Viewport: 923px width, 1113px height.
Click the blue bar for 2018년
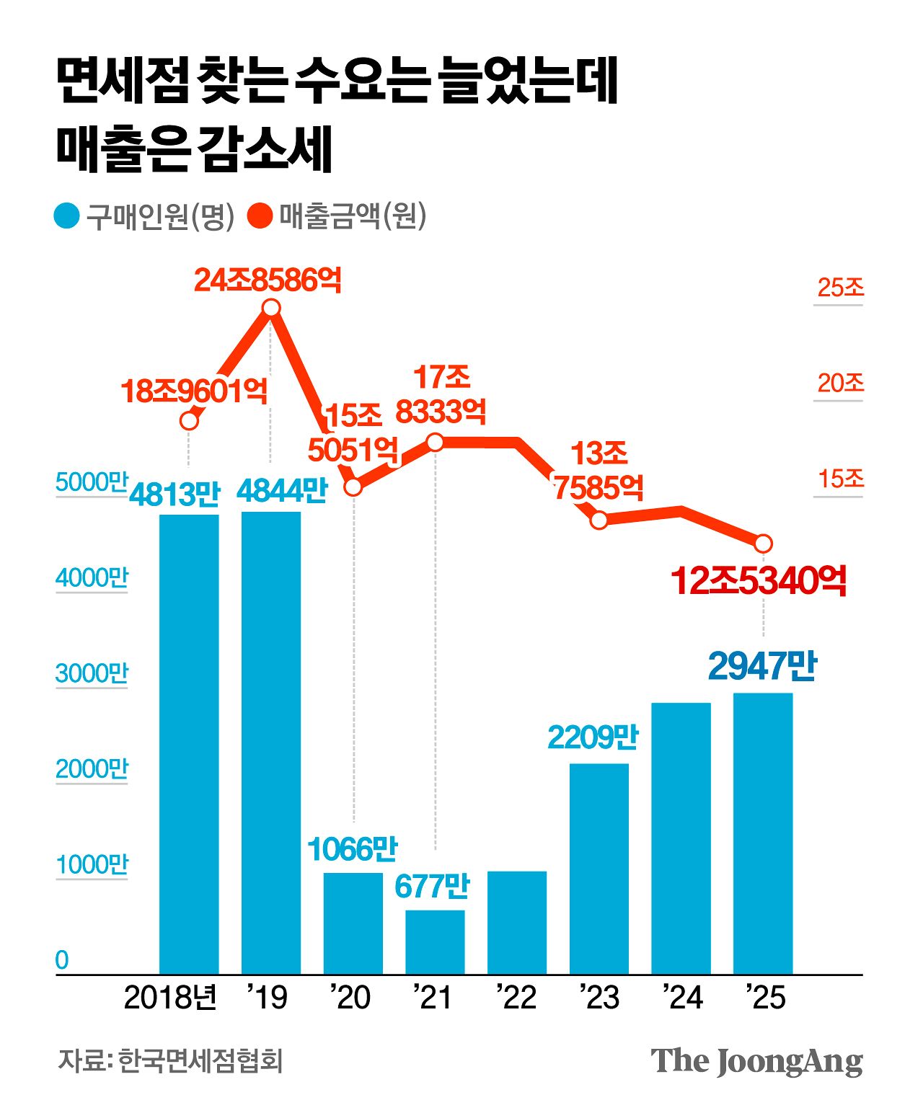(188, 742)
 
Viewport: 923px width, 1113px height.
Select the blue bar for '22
(516, 923)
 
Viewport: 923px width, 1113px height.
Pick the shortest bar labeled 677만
(435, 941)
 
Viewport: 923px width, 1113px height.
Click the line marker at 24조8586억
(270, 309)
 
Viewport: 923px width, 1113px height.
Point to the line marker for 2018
(189, 420)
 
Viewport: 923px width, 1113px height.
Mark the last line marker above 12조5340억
(763, 543)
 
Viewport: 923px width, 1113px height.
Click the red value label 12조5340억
(758, 581)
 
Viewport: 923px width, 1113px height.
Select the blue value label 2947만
(762, 666)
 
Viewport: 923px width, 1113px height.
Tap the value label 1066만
(353, 849)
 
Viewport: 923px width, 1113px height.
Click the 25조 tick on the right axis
(840, 288)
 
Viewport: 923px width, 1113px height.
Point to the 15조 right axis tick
(840, 479)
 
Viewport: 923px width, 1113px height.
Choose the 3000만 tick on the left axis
(92, 673)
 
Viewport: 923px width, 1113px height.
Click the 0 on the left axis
(63, 960)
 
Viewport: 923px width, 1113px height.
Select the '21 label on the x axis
(433, 998)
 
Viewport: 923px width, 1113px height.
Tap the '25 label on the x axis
(766, 998)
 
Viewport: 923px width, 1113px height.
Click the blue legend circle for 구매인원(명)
(66, 216)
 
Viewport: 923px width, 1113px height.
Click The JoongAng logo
(756, 1061)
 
